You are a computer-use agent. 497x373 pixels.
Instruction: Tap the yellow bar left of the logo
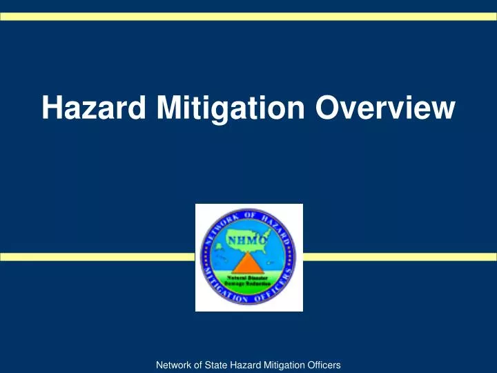[x=97, y=257]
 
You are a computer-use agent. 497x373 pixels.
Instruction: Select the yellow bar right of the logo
[x=400, y=257]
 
